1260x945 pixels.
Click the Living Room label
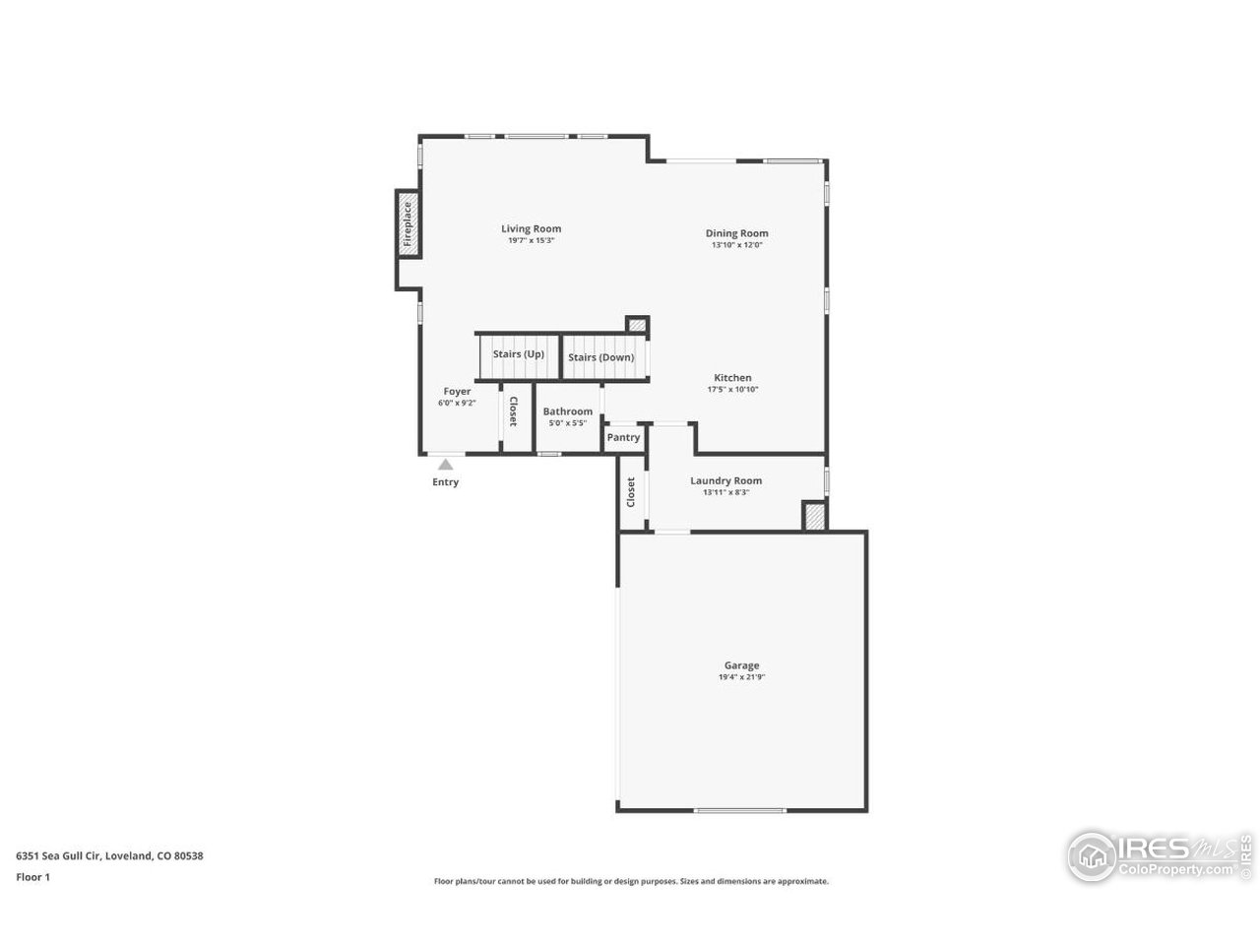point(531,228)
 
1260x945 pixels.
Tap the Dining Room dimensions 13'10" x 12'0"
point(736,245)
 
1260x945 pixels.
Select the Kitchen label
point(732,377)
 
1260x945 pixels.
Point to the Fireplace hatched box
point(407,224)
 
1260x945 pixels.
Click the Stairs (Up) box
point(519,354)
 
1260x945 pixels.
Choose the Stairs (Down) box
point(601,357)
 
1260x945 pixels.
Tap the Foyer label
point(457,391)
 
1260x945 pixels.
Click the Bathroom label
point(568,411)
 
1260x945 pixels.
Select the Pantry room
point(623,437)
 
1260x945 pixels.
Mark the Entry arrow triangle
point(446,465)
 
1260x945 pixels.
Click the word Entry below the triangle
point(446,482)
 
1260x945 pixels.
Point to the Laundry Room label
point(726,480)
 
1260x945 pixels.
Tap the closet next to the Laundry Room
point(631,492)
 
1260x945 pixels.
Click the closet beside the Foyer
point(512,411)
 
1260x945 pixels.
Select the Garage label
point(742,665)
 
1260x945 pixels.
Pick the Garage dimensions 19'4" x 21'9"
point(742,677)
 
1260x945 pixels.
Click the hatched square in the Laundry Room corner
point(814,517)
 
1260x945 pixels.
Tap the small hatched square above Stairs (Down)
point(638,325)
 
